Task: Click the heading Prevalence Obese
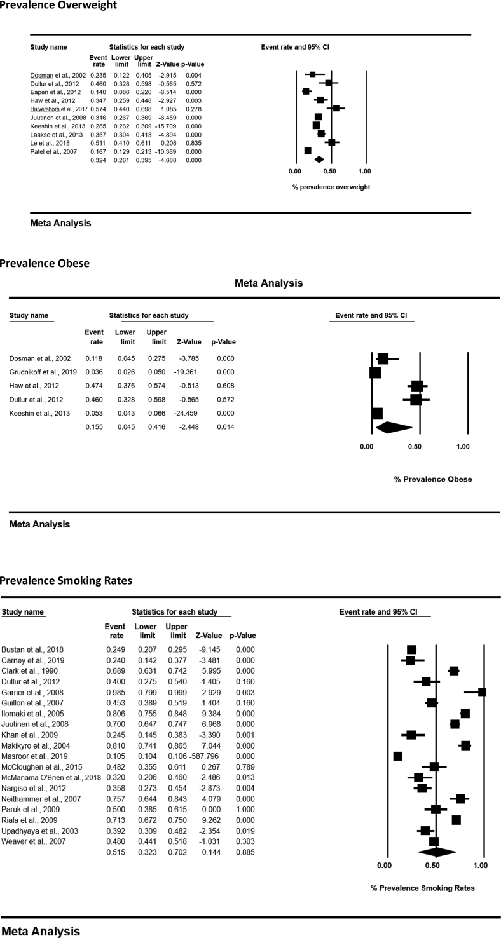(x=45, y=263)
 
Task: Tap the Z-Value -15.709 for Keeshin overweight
(x=167, y=126)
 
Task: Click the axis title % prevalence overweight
(x=331, y=187)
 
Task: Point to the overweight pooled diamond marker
(x=319, y=160)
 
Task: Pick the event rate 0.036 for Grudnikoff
(x=93, y=372)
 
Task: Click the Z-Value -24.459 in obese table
(x=188, y=414)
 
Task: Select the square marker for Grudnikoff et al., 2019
(x=375, y=372)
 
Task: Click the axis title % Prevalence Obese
(x=432, y=479)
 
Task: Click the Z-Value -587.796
(x=207, y=756)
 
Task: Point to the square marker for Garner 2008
(x=482, y=692)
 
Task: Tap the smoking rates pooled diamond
(x=437, y=852)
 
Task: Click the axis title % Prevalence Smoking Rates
(x=422, y=888)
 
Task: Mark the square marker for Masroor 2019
(x=398, y=756)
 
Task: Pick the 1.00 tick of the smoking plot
(x=481, y=866)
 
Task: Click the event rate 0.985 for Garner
(x=115, y=692)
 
